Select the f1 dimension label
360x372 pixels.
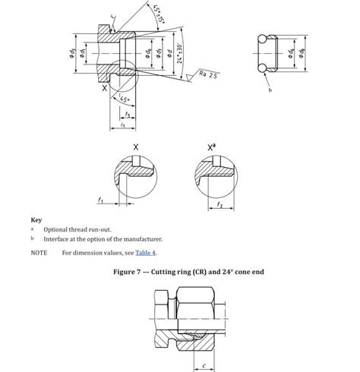[x=100, y=200]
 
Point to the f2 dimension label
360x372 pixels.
[x=219, y=205]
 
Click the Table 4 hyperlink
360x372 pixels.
[x=147, y=253]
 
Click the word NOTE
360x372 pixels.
[x=39, y=253]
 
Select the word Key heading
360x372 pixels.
[x=36, y=220]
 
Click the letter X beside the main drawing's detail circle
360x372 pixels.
[x=104, y=89]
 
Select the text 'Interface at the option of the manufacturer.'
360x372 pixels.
[x=101, y=240]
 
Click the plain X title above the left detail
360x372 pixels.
[x=136, y=145]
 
